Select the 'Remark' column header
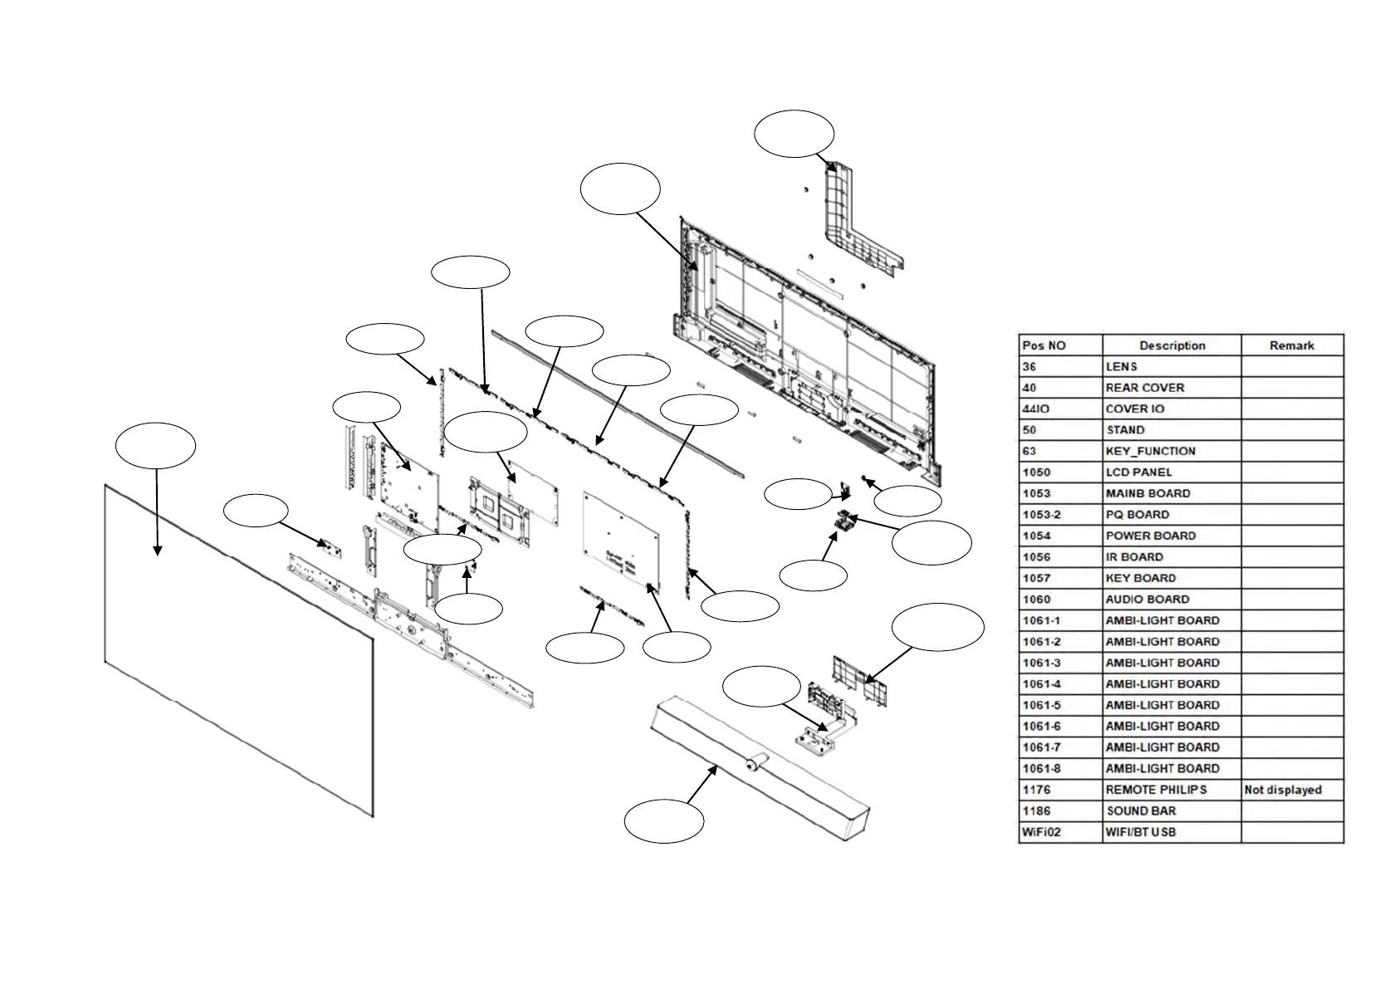coord(1292,345)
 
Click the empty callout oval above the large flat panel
coord(156,446)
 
